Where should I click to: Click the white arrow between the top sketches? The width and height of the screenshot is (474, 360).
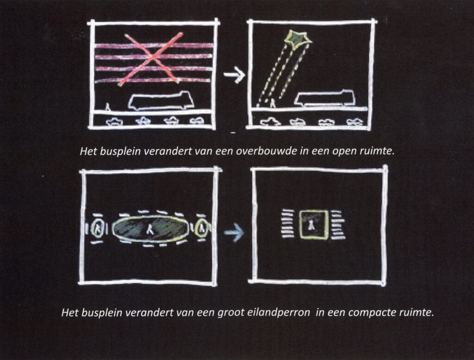(x=235, y=75)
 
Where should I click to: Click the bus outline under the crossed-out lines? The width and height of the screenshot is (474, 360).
(x=161, y=101)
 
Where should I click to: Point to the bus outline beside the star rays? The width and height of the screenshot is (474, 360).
(x=325, y=97)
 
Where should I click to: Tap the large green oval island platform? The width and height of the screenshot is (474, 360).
(x=150, y=229)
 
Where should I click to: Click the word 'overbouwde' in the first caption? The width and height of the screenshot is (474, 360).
(x=266, y=151)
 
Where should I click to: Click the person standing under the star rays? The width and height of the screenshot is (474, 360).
(x=273, y=103)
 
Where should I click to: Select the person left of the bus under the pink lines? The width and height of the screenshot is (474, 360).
(x=107, y=106)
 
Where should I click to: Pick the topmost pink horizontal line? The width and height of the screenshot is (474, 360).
(x=154, y=46)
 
